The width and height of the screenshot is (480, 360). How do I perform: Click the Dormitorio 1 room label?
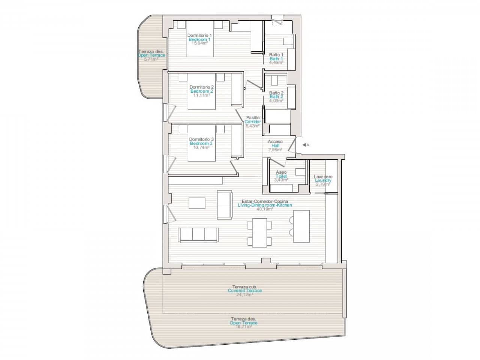click(x=199, y=35)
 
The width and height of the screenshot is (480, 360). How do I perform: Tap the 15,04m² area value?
click(x=199, y=43)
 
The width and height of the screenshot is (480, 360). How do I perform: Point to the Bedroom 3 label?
click(x=201, y=144)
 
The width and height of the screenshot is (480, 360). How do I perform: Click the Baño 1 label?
click(x=276, y=55)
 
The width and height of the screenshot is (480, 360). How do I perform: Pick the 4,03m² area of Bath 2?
click(x=276, y=100)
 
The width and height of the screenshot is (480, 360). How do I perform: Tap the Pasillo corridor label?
click(x=253, y=118)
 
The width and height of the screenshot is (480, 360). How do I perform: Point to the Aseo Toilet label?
click(x=281, y=172)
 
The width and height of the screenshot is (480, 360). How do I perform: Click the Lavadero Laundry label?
click(x=323, y=177)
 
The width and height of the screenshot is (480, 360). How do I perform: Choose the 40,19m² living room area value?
click(x=265, y=209)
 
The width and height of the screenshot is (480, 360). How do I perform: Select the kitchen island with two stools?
click(x=301, y=226)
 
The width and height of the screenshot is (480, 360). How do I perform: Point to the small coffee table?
click(x=197, y=203)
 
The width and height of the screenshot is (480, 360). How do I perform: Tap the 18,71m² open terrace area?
click(x=244, y=327)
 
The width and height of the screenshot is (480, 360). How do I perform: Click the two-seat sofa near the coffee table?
click(x=224, y=205)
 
